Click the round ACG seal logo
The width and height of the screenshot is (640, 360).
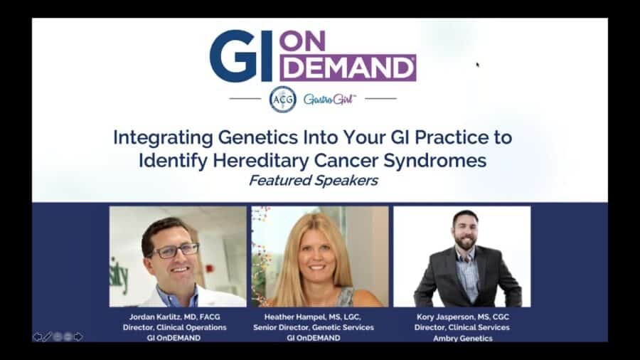click(282, 99)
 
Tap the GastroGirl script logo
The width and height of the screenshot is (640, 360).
click(329, 99)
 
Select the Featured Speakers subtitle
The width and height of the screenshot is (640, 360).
click(313, 181)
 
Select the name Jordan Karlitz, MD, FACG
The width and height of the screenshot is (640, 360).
click(174, 317)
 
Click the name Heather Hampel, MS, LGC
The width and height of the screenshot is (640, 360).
click(314, 317)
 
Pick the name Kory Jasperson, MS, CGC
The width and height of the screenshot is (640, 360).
click(462, 317)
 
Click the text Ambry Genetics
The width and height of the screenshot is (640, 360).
click(462, 338)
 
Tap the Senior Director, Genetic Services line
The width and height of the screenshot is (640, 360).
click(314, 327)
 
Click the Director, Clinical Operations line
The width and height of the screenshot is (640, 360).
click(174, 327)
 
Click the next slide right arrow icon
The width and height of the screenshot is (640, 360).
click(78, 337)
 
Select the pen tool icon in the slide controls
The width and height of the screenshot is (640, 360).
click(47, 337)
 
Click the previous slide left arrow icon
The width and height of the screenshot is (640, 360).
click(37, 337)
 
